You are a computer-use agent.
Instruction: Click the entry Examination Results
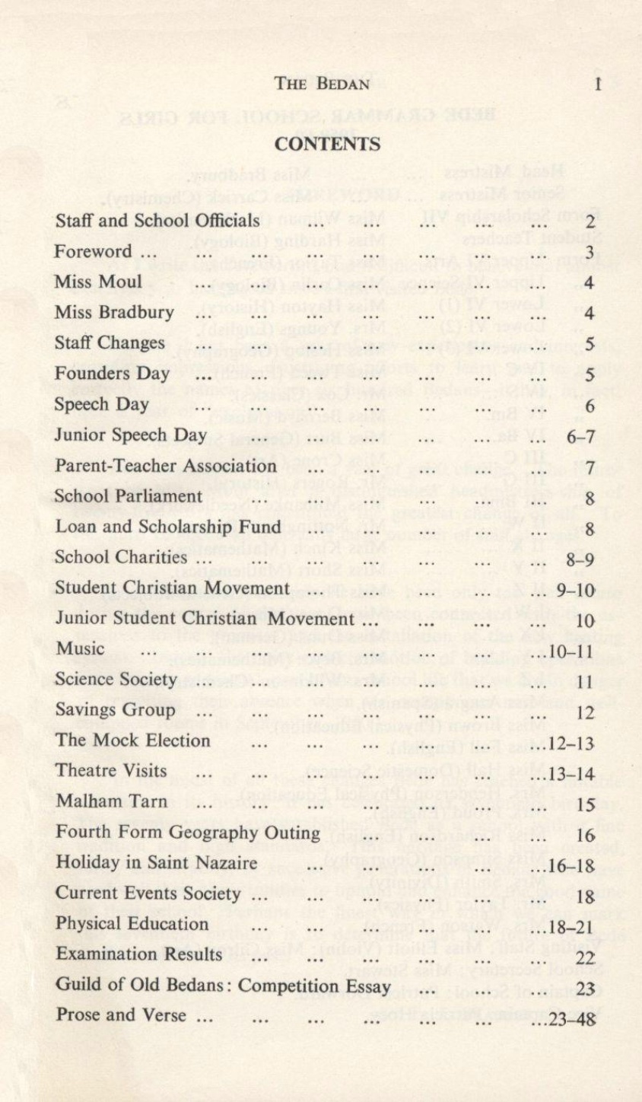tap(138, 954)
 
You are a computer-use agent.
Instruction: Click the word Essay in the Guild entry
tap(372, 985)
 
